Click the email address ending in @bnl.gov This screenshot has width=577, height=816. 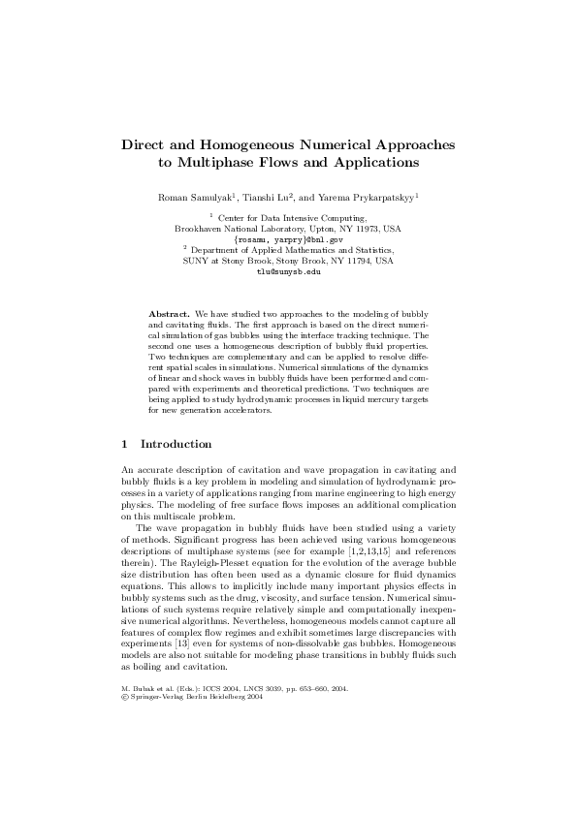(288, 238)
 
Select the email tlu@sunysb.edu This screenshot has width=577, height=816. (288, 271)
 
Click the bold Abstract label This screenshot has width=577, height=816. (169, 315)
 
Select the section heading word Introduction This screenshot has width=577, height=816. (176, 444)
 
